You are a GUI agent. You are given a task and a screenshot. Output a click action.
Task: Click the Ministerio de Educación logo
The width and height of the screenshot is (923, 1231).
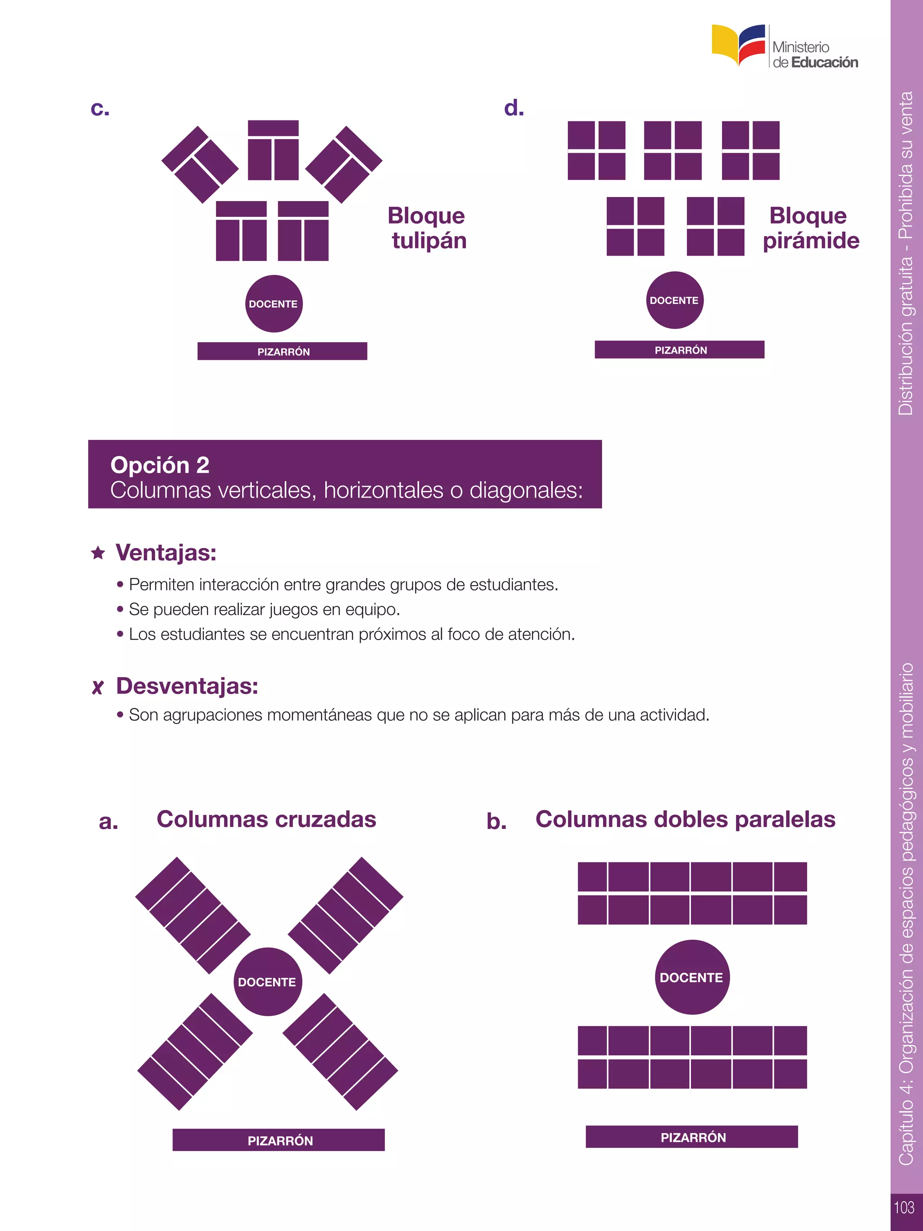785,47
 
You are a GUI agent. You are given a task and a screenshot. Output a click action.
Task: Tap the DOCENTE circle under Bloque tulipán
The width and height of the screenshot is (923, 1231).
273,304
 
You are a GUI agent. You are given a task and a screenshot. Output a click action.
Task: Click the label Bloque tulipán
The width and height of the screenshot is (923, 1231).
427,228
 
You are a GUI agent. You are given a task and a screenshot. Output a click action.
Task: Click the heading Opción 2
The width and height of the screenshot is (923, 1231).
160,465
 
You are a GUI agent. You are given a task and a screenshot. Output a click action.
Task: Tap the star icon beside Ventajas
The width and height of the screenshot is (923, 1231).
98,553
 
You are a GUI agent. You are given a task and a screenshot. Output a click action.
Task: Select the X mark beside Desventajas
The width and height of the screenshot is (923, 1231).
97,687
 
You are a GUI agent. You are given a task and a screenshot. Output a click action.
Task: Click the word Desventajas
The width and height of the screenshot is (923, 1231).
187,686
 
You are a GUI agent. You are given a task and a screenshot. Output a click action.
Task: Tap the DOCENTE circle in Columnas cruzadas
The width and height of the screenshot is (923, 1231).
267,982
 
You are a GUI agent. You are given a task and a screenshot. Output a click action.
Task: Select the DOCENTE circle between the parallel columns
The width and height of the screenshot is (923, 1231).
691,978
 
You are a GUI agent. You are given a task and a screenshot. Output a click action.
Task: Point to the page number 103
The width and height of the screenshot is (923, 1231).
904,1207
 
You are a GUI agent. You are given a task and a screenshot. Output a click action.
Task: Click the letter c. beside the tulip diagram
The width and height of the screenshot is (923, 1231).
100,109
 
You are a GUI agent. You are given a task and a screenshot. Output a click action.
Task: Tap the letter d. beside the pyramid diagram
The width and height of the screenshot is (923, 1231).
513,108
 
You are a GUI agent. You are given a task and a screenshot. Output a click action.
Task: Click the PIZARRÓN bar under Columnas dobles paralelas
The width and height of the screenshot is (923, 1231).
691,1137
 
